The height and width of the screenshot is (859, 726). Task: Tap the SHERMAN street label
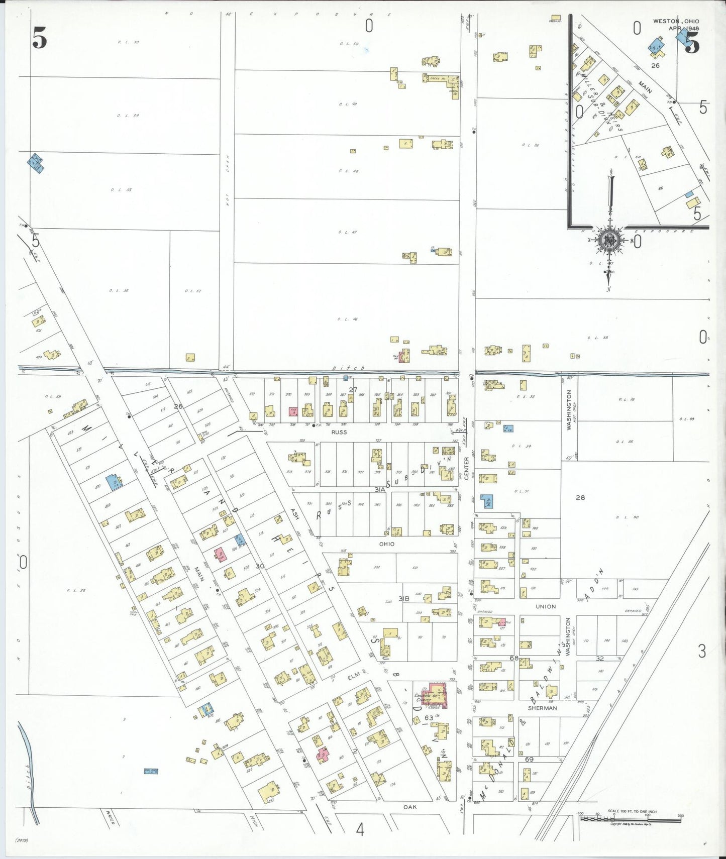pos(542,708)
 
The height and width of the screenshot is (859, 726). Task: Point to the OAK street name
pos(410,807)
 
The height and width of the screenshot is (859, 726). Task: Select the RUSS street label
pos(339,432)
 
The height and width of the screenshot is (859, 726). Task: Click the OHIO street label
pos(386,544)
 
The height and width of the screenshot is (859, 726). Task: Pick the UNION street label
pos(546,607)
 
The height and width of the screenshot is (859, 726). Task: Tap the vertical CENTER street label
pos(466,468)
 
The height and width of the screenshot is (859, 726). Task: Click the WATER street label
pos(110,817)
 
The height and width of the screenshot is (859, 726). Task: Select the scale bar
pos(631,818)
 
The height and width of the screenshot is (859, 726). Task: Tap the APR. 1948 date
pos(683,29)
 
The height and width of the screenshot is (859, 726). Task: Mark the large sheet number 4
pos(360,830)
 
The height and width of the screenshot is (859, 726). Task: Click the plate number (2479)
pos(22,840)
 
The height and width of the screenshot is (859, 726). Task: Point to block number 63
pos(429,718)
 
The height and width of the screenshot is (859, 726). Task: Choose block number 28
pos(580,498)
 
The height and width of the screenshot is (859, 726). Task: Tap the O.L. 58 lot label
pos(76,590)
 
